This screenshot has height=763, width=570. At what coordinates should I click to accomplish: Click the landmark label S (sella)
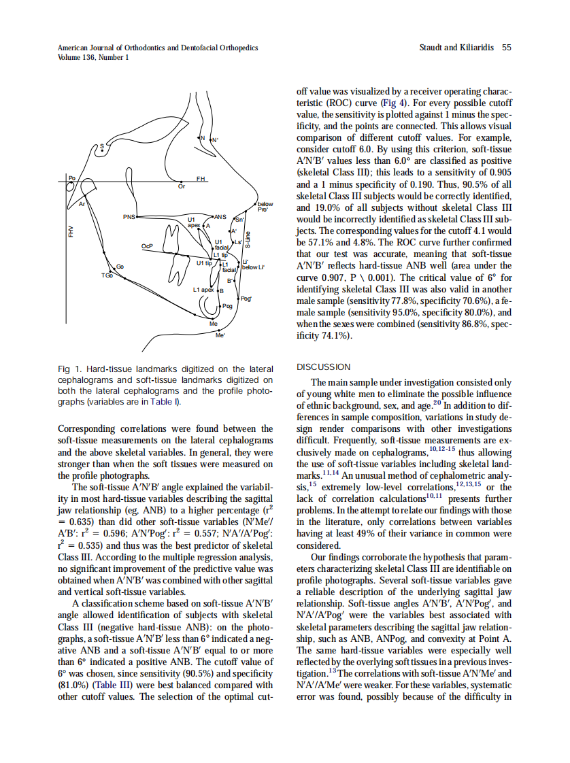pos(103,146)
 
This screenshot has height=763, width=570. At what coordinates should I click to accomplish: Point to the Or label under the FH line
pos(180,186)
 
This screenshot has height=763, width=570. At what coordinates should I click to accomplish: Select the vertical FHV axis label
pos(71,231)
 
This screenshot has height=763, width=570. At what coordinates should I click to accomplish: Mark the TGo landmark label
pos(106,275)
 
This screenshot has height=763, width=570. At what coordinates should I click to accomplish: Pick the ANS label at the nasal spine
pos(220,216)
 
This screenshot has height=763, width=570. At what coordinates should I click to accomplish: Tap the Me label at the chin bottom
pos(213,324)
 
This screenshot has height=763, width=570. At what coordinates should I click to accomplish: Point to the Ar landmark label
pos(82,203)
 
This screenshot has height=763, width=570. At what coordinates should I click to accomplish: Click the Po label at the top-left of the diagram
pos(71,177)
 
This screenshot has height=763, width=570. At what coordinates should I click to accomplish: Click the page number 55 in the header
pos(506,48)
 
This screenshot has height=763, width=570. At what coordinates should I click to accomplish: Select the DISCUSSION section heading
pos(324,367)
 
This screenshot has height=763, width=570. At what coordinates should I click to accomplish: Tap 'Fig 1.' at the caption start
pos(69,369)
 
